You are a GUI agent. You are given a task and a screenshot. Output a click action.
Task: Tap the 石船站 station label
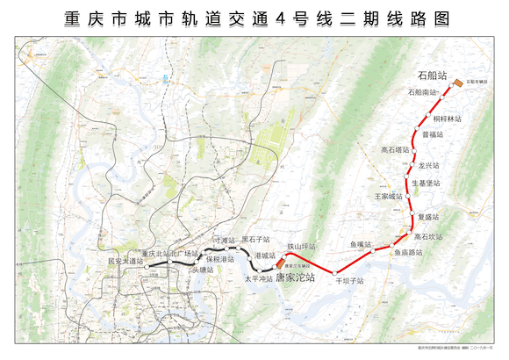[x=431, y=76]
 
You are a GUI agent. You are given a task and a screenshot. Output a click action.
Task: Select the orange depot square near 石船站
[x=458, y=83]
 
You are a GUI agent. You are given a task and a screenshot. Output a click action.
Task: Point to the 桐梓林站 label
[x=447, y=118]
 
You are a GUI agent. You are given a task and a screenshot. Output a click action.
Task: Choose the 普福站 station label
[x=432, y=134]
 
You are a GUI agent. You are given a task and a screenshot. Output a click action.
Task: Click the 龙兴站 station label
[x=428, y=165]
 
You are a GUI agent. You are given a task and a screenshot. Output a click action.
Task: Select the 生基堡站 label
[x=426, y=183]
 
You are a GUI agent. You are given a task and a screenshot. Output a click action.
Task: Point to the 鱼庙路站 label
[x=408, y=252]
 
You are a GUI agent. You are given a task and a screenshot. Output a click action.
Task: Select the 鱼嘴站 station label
[x=361, y=243]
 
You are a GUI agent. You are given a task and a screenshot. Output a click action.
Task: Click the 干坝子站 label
[x=349, y=281]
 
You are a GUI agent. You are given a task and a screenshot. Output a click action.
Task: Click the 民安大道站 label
[x=124, y=261]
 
